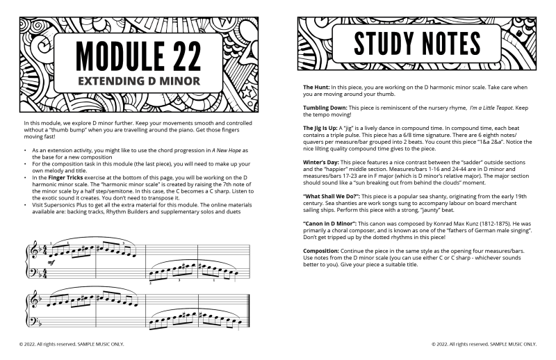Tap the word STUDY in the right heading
pos(380,43)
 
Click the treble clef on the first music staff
pos(32,253)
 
